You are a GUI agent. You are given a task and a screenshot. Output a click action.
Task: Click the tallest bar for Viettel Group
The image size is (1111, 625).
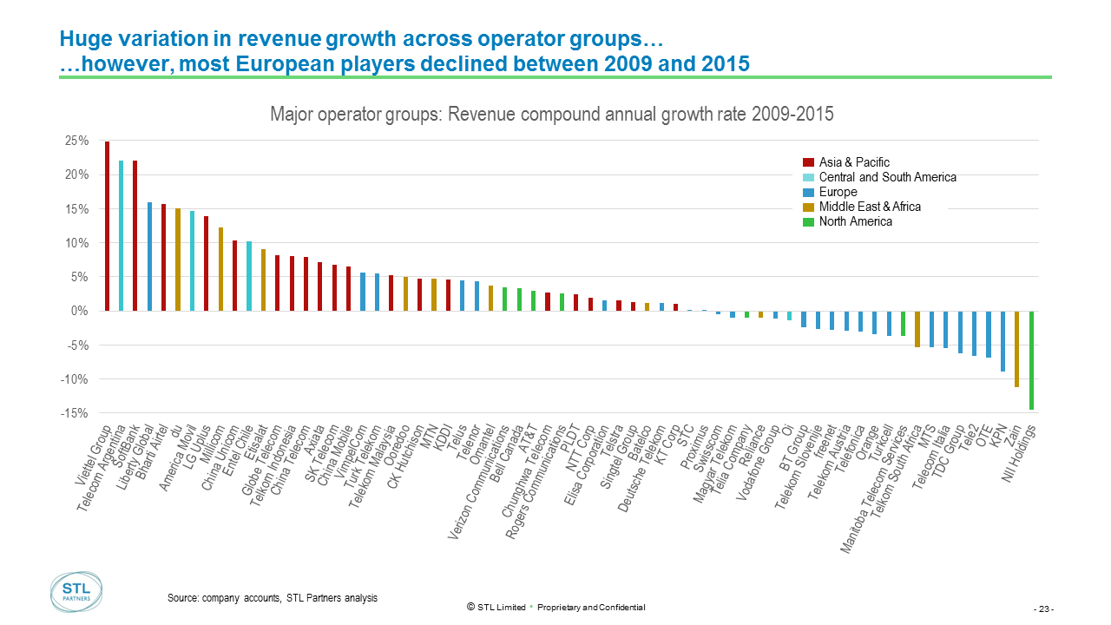tap(107, 226)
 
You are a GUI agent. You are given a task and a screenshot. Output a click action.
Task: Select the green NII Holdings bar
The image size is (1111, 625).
tap(1032, 359)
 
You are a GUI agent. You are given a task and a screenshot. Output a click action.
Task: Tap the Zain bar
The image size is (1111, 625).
tap(1017, 348)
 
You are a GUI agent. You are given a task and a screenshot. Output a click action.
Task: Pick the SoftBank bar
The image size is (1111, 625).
tap(135, 235)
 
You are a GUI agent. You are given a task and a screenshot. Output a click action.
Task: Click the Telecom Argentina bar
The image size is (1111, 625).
tap(121, 235)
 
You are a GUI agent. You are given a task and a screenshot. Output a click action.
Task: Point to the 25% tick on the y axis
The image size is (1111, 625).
tap(77, 141)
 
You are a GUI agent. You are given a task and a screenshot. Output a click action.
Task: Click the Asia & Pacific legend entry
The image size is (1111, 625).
tap(854, 162)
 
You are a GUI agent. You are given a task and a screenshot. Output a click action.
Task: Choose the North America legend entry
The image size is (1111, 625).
tap(855, 221)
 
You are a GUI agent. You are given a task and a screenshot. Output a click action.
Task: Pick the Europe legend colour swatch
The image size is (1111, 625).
tap(808, 192)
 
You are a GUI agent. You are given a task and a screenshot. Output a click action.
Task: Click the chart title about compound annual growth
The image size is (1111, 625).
tap(552, 115)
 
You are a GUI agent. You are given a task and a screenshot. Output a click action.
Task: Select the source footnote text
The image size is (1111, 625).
tap(272, 598)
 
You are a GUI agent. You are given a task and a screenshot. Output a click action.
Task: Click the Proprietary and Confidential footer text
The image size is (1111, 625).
tap(591, 607)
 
